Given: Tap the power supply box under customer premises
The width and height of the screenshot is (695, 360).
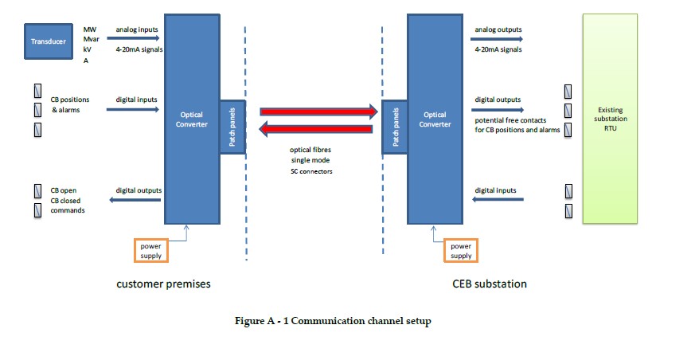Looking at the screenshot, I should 150,250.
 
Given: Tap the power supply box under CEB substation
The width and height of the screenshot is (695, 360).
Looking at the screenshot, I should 460,250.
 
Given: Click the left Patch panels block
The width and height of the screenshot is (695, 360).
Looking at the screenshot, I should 232,127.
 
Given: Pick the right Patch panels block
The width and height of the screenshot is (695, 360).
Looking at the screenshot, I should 394,127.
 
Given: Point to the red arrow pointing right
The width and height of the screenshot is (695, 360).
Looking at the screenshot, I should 318,112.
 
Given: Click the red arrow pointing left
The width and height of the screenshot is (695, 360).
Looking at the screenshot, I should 318,129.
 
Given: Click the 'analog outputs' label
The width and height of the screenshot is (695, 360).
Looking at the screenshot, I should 498,30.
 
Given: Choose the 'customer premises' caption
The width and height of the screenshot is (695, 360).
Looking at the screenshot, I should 163,284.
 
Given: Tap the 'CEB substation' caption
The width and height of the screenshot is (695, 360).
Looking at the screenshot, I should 490,284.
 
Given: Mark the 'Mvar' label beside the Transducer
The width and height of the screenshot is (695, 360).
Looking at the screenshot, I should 92,39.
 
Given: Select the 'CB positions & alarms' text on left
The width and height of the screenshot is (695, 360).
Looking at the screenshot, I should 70,104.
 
